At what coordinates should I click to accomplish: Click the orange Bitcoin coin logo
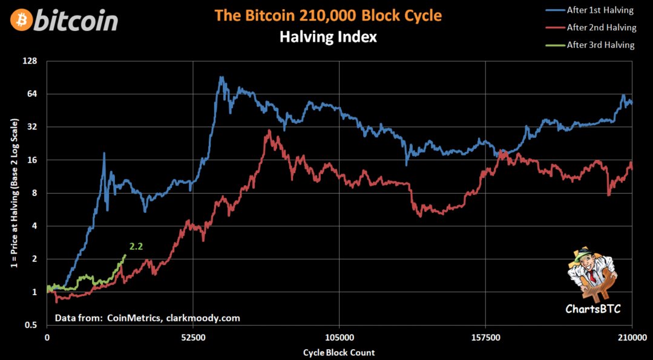tap(21, 20)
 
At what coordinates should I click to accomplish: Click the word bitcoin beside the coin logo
tap(77, 21)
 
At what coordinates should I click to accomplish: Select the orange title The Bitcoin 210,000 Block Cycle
tap(328, 16)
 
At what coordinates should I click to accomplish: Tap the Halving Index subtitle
tap(328, 37)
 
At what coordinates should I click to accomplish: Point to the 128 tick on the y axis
tap(30, 61)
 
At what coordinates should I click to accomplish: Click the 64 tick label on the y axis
tap(32, 94)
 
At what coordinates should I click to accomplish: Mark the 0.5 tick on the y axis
tap(31, 325)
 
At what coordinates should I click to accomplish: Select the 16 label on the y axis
tap(32, 160)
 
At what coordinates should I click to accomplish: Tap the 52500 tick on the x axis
tap(193, 338)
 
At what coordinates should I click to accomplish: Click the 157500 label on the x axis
tap(486, 338)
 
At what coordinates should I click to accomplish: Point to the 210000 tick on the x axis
tap(632, 338)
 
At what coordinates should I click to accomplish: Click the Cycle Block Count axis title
tap(339, 352)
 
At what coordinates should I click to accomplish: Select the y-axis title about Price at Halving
tap(14, 194)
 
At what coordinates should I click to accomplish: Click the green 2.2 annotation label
tap(136, 246)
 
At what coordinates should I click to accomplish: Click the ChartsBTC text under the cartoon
tap(592, 309)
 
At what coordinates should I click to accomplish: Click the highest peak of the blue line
tap(221, 77)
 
